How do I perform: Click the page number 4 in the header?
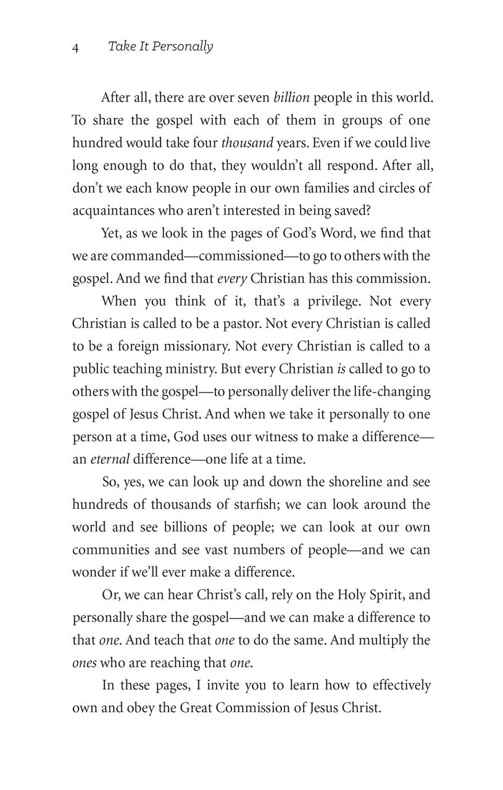pos(75,48)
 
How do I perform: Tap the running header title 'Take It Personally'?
pos(160,47)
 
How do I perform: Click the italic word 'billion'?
pos(291,98)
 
